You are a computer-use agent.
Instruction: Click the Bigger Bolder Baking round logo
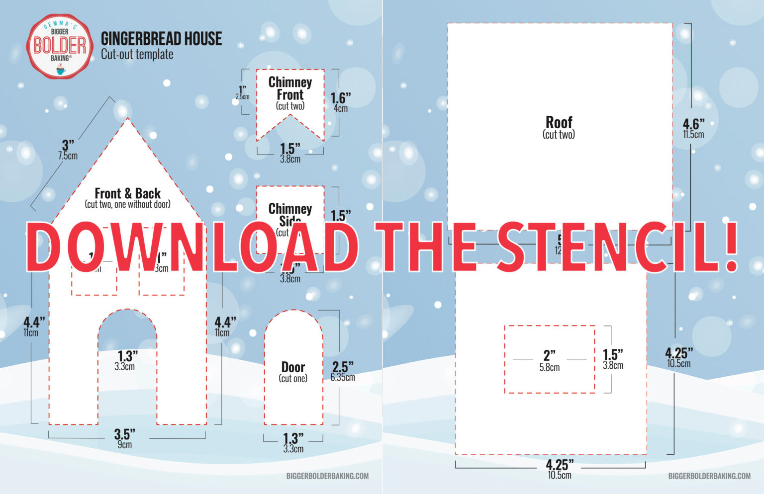point(60,46)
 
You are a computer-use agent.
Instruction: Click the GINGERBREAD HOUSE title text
point(161,39)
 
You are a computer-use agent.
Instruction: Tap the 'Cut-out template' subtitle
point(137,55)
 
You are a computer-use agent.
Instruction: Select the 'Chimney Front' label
point(290,88)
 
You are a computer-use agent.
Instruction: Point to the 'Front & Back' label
point(127,193)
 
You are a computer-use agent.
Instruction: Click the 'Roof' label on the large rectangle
point(559,122)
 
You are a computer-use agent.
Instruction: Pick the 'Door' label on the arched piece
point(293,367)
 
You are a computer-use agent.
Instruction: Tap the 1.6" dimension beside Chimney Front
point(341,98)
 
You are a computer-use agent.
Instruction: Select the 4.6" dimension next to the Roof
point(693,124)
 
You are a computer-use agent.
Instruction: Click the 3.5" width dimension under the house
point(124,434)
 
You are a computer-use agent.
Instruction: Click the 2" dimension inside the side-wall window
point(549,355)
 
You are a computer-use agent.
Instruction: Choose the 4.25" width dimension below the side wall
point(560,465)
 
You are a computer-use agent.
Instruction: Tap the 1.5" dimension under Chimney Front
point(290,149)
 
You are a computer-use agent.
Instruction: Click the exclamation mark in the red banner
point(731,247)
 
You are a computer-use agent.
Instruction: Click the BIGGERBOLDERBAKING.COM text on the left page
point(327,476)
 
